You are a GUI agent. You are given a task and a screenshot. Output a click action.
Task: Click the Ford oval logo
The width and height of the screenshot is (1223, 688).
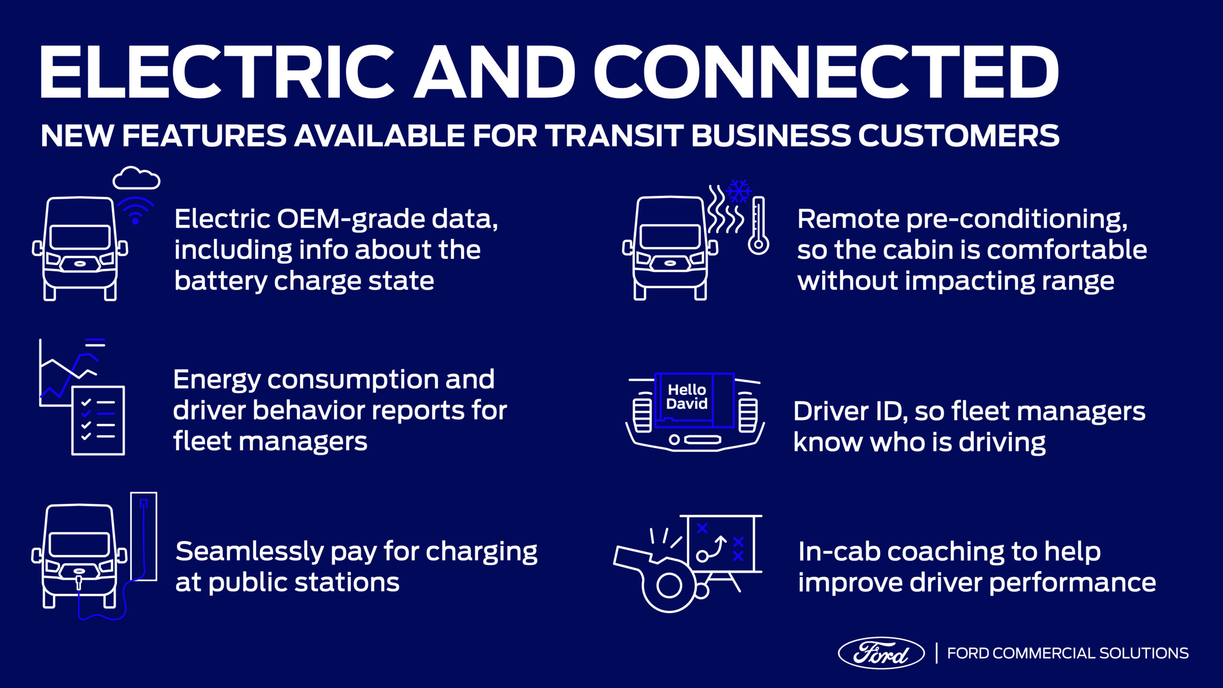click(881, 653)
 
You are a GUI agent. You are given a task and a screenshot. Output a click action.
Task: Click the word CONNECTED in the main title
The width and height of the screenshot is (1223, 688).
click(826, 72)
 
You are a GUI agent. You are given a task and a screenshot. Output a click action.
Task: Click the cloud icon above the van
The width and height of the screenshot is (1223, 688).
click(136, 178)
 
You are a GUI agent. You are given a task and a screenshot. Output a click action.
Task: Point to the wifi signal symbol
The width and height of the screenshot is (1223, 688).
click(136, 211)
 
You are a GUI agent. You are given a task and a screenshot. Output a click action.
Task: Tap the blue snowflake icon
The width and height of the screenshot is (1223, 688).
click(739, 191)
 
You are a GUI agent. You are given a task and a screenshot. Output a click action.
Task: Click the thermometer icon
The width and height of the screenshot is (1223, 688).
click(758, 225)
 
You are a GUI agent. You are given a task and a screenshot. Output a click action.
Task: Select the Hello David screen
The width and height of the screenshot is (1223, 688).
click(694, 400)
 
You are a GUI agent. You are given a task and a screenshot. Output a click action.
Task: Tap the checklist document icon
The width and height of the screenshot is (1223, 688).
click(98, 420)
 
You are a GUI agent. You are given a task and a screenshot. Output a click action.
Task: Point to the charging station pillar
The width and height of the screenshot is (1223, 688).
click(143, 536)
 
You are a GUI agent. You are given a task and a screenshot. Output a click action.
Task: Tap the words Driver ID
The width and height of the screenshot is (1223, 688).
click(850, 411)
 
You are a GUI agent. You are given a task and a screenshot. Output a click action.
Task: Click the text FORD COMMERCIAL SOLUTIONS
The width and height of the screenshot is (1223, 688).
click(1068, 653)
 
